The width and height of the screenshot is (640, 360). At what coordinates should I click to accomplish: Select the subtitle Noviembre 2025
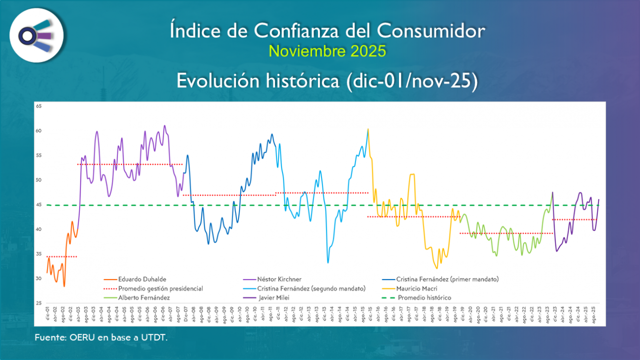pos(327,51)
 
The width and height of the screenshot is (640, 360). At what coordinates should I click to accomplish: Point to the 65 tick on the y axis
pos(39,106)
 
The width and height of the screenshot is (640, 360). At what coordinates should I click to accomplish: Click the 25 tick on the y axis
pos(39,303)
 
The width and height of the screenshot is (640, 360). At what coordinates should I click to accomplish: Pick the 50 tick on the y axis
pos(39,180)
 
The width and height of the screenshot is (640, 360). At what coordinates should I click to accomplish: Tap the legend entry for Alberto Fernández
pos(144,298)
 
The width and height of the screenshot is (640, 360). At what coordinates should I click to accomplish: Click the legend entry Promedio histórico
pos(424,298)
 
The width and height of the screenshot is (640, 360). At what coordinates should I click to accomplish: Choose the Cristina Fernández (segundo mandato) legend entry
pos(311,288)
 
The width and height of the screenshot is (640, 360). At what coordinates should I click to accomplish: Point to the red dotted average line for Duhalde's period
pos(62,257)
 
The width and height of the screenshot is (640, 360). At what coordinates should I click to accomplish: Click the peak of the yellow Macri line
pos(368,129)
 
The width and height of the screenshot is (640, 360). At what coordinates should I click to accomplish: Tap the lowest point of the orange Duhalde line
pos(64,286)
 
